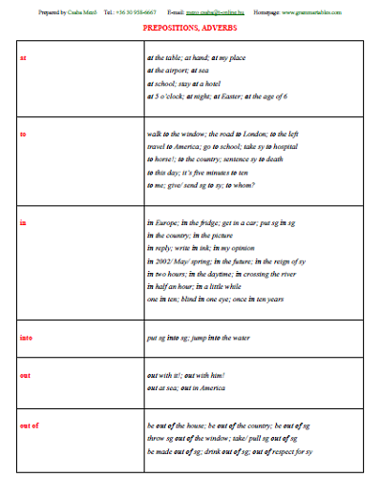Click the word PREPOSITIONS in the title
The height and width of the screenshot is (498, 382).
pos(173,29)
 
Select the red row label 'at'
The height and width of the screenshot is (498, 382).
pos(23,57)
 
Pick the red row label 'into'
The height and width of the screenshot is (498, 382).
pos(25,337)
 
